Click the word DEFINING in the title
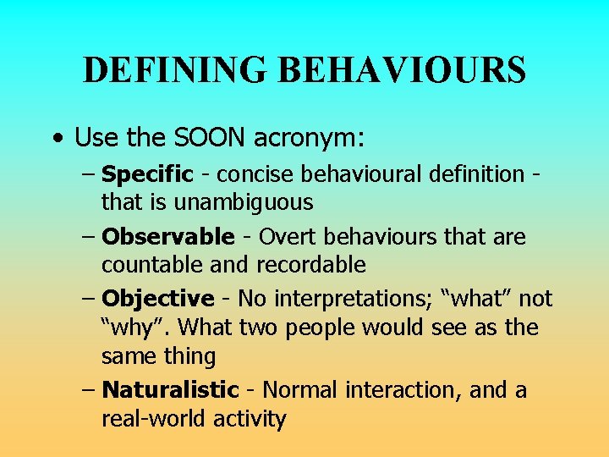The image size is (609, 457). tap(174, 69)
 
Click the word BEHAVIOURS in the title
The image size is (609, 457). tap(402, 69)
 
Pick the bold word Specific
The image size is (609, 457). tap(147, 175)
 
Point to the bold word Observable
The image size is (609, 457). tap(167, 238)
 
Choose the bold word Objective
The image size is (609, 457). tap(157, 299)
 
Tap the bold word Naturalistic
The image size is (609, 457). tap(170, 390)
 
